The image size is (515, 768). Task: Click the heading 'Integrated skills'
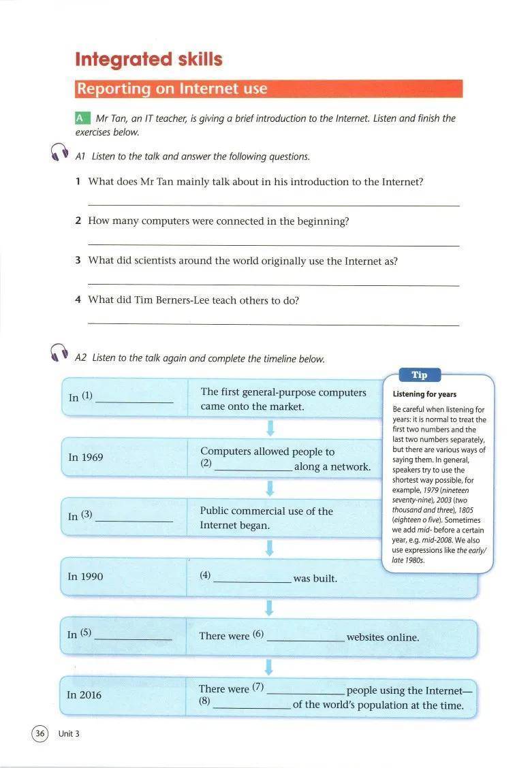click(149, 59)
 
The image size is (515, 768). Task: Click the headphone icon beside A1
click(60, 153)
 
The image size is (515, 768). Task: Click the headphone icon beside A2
click(60, 353)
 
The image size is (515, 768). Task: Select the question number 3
click(78, 261)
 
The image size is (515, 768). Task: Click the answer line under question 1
click(274, 205)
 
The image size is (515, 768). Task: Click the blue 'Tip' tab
click(420, 375)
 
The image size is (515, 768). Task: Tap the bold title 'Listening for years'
click(424, 394)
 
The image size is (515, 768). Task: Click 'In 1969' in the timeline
click(86, 458)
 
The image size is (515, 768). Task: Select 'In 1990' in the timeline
click(85, 577)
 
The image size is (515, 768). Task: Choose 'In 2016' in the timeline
click(84, 695)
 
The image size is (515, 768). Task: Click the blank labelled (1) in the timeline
click(135, 400)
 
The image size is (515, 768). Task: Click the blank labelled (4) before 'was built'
click(252, 579)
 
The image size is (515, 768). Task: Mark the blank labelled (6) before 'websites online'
click(306, 639)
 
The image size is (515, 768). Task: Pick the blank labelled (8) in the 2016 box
click(251, 706)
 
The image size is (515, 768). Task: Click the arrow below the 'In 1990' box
click(269, 607)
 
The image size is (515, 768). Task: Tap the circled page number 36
click(40, 733)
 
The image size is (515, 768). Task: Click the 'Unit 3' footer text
click(69, 734)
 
